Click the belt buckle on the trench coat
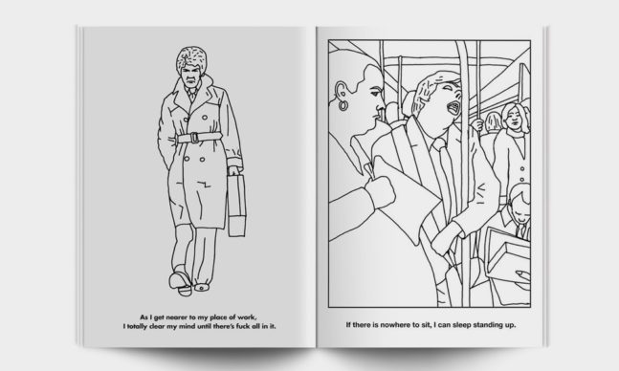194,138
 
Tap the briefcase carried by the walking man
236,206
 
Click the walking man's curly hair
192,59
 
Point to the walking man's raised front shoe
181,280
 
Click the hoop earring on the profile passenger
343,105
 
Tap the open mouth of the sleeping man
454,108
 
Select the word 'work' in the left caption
246,317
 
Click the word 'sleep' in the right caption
461,325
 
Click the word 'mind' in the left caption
188,326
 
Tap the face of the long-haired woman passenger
514,118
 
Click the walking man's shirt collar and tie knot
192,93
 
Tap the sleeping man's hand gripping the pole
446,238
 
